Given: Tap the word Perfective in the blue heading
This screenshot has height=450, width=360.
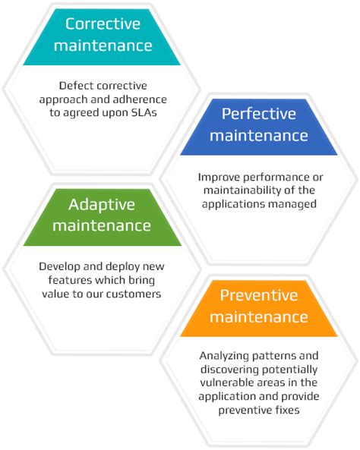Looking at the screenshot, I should click(259, 114).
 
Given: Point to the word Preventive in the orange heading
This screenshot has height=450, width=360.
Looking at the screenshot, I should click(259, 294).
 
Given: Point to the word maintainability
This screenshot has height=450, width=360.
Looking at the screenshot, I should click(228, 191).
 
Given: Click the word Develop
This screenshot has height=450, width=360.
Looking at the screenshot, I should click(61, 266).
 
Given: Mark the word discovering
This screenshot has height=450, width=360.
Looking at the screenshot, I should click(227, 369).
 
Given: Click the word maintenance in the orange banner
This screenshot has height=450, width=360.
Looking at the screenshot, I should click(259, 315).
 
